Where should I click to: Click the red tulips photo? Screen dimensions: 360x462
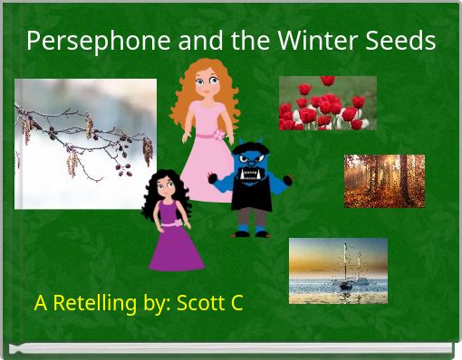(327, 102)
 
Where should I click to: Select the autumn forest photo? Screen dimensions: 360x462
(384, 181)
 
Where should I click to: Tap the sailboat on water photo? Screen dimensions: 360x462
(338, 270)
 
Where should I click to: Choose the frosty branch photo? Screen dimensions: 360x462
(85, 144)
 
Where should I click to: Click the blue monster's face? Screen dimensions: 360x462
(251, 165)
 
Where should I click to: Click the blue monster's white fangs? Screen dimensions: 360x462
(251, 172)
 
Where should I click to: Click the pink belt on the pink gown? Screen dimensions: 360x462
(207, 136)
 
